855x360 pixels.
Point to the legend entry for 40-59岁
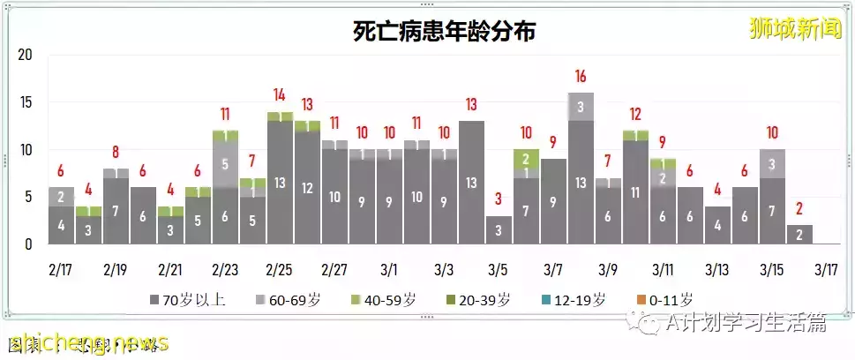[x=390, y=300]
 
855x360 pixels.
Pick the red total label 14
[x=280, y=95]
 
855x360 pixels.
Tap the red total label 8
[x=116, y=152]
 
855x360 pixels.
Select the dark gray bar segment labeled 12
[x=307, y=188]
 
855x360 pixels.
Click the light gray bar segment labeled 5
[x=225, y=164]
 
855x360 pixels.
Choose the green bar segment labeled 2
[x=526, y=159]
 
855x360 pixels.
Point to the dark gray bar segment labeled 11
[x=634, y=192]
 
